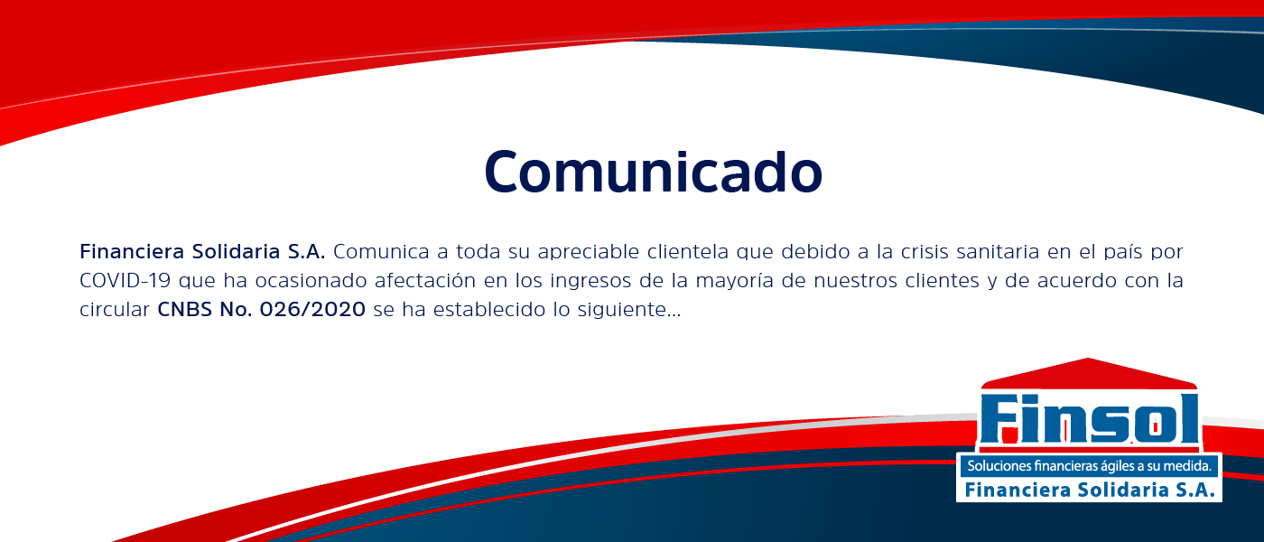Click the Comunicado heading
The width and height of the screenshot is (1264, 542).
coord(653,170)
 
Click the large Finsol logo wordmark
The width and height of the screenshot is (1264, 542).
coord(1089,419)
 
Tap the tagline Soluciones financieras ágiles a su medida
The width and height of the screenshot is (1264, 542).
coord(1089,466)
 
